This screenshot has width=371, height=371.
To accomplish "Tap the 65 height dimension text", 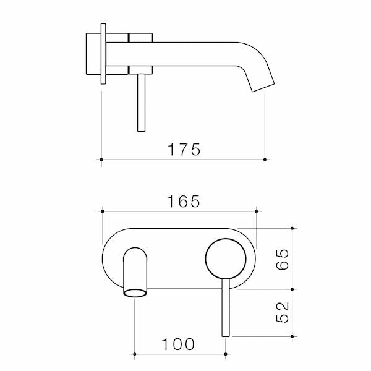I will pyautogui.click(x=283, y=258).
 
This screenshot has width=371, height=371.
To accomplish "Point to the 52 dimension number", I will pyautogui.click(x=283, y=312).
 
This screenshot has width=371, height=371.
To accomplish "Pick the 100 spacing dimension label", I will pyautogui.click(x=179, y=344).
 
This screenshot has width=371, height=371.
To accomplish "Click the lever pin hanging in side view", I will pyautogui.click(x=140, y=102).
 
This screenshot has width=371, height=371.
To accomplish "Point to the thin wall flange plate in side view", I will pyautogui.click(x=103, y=54).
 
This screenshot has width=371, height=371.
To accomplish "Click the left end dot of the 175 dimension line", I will pyautogui.click(x=101, y=160).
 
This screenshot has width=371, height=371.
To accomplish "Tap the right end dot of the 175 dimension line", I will pyautogui.click(x=265, y=160).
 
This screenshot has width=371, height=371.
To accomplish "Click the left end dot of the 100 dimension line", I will pyautogui.click(x=135, y=355).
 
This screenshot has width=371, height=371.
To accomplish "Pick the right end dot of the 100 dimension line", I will pyautogui.click(x=226, y=355).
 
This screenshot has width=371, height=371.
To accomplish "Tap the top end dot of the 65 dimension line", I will pyautogui.click(x=293, y=227).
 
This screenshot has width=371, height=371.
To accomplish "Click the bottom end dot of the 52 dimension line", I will pyautogui.click(x=293, y=336).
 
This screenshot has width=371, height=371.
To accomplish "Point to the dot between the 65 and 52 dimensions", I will pyautogui.click(x=293, y=289).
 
